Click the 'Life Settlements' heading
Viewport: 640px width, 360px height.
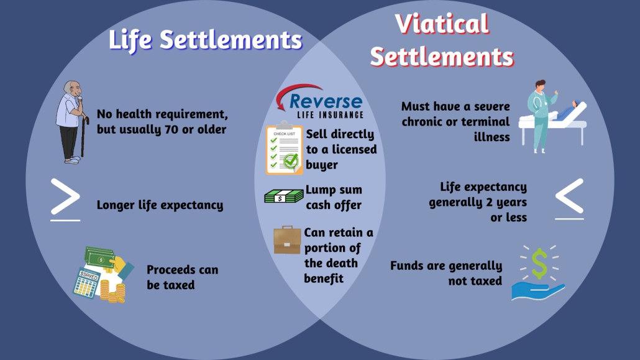[205, 40]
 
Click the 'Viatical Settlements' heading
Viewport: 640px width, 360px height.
[442, 40]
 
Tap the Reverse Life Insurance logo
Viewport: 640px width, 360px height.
[319, 102]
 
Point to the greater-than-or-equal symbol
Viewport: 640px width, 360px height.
[65, 200]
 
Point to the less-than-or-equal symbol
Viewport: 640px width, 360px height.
[569, 199]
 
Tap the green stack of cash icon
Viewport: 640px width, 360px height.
[283, 196]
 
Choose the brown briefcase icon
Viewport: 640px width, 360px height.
[287, 240]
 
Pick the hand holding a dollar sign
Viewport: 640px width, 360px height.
[538, 274]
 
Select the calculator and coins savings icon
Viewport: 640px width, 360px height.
[103, 274]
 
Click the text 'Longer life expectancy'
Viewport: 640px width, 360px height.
[160, 205]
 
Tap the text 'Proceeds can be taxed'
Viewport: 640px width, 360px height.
[182, 277]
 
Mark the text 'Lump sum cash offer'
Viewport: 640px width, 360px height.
[333, 197]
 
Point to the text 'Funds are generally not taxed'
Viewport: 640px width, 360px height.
[446, 273]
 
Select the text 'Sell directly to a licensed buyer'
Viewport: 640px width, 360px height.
[341, 149]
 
